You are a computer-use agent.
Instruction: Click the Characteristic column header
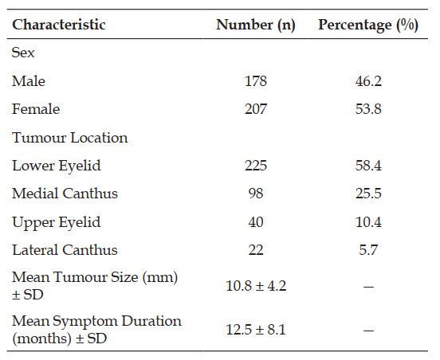click(x=59, y=25)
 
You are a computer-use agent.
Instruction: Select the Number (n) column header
click(x=256, y=25)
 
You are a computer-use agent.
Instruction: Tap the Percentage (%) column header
click(x=368, y=25)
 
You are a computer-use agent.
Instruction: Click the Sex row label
click(x=23, y=53)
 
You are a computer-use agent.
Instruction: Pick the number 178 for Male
click(x=256, y=81)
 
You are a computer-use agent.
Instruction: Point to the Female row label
click(x=36, y=109)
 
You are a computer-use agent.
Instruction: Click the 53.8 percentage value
click(x=368, y=109)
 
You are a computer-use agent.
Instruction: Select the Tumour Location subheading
click(x=70, y=138)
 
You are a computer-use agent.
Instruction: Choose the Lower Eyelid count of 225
click(x=256, y=166)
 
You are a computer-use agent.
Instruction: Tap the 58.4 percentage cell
click(x=368, y=166)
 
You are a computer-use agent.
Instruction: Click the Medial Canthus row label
click(x=65, y=194)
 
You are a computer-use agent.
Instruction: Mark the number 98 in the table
click(x=256, y=194)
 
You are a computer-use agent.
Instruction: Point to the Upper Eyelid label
click(x=56, y=223)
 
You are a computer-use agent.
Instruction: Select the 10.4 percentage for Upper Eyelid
click(x=368, y=222)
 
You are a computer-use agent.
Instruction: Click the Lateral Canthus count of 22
click(x=256, y=250)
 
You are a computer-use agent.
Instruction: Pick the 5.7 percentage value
click(x=368, y=250)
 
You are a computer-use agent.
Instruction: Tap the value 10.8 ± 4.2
click(x=256, y=286)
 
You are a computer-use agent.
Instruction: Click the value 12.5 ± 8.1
click(x=256, y=330)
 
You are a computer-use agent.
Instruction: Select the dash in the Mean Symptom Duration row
click(x=368, y=331)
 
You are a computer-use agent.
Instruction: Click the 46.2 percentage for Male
click(x=368, y=81)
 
